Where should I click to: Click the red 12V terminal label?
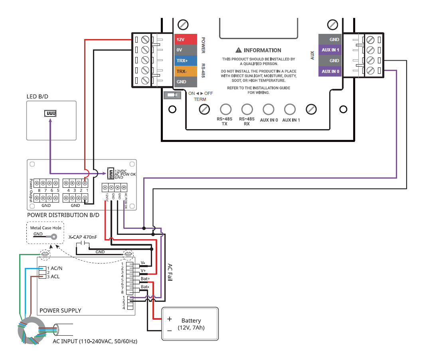point(186,39)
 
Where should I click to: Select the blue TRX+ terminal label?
point(186,61)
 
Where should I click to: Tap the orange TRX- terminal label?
point(186,71)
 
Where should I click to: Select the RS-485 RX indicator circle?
point(247,109)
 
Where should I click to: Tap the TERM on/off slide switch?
point(172,96)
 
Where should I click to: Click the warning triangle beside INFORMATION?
point(239,50)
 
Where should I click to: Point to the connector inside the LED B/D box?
point(50,114)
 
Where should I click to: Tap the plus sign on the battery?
point(169,319)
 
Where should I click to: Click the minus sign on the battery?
point(169,330)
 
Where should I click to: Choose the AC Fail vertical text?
point(170,272)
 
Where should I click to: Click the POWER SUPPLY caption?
point(60,310)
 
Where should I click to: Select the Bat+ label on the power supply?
point(145,278)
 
